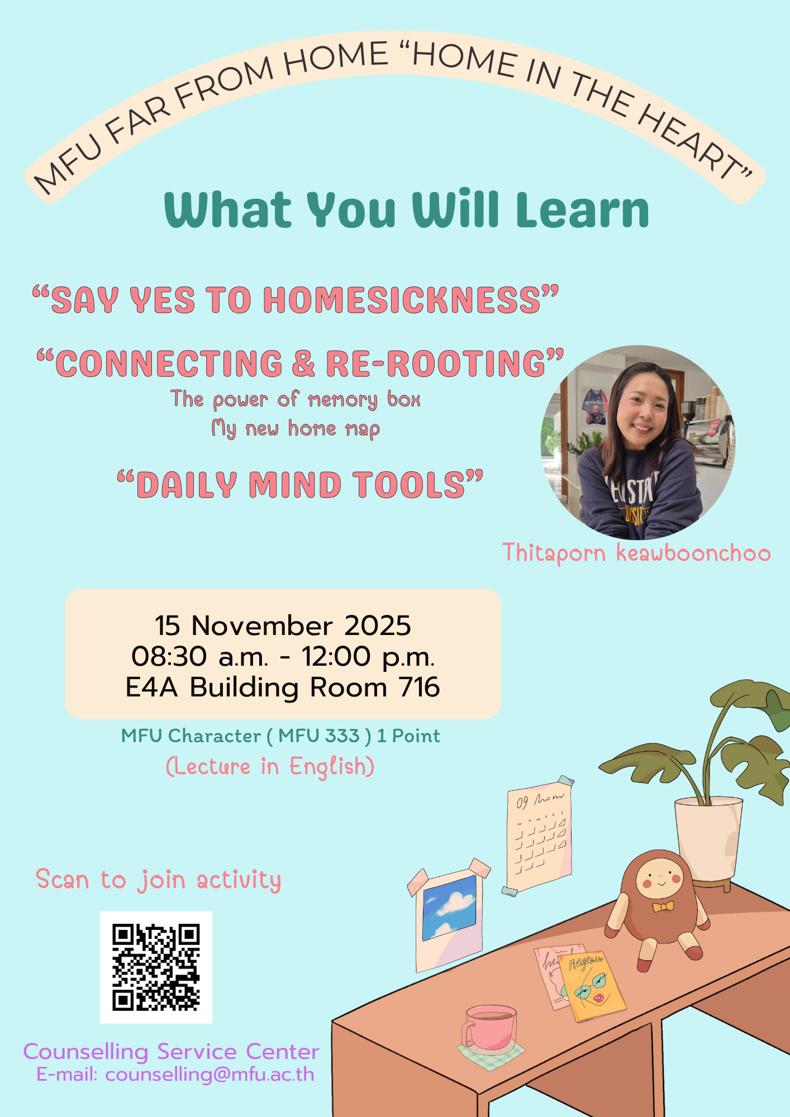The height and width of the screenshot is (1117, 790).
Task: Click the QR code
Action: [156, 967]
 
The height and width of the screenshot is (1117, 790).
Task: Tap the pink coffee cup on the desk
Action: [488, 1029]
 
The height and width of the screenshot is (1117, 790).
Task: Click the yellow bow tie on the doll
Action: [663, 906]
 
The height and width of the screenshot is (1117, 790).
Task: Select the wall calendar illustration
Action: [539, 836]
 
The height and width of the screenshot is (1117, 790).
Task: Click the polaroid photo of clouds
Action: [449, 916]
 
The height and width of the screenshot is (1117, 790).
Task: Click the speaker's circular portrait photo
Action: [638, 442]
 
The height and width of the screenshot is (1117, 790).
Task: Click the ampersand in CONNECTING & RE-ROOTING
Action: [304, 364]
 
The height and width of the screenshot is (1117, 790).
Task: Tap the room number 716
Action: [419, 687]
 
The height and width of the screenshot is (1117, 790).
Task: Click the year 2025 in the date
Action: [378, 626]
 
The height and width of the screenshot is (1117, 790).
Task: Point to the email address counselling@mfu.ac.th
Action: [210, 1074]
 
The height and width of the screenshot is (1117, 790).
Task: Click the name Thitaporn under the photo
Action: [554, 553]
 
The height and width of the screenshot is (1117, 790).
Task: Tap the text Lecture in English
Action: [270, 767]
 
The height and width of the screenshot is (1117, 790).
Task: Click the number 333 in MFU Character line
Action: [342, 736]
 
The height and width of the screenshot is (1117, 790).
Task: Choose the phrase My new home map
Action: [296, 429]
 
